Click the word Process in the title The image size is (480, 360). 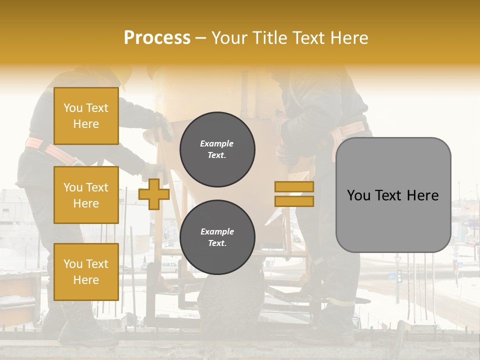(157, 38)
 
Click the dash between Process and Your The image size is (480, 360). (200, 38)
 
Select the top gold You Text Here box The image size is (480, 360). (86, 116)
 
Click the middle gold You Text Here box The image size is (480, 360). (86, 195)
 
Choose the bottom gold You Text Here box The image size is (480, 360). (86, 272)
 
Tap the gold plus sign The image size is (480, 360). (153, 194)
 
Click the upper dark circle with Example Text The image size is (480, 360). (217, 149)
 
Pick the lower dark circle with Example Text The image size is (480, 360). (217, 237)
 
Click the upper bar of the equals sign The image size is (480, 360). (294, 186)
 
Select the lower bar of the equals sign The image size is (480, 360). (294, 201)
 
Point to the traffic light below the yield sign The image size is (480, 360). (399, 276)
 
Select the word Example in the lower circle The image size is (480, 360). (217, 231)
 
